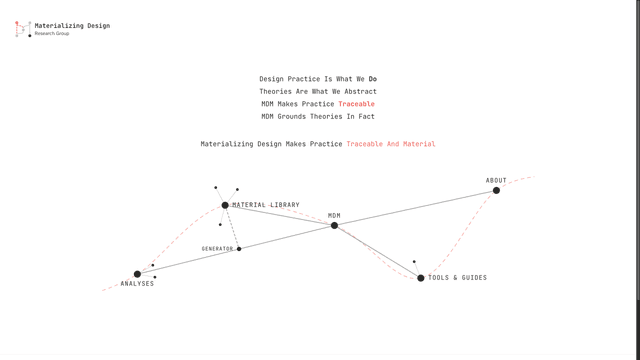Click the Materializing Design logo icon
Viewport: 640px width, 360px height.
click(23, 29)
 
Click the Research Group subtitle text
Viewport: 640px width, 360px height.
click(52, 33)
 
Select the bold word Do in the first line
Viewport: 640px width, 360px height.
click(373, 79)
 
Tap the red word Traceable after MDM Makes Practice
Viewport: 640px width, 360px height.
click(356, 104)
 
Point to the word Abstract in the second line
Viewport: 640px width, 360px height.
click(360, 91)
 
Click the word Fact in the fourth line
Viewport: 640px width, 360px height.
click(367, 116)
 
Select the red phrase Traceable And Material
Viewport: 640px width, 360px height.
click(391, 144)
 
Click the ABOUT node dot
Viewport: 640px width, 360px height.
click(496, 190)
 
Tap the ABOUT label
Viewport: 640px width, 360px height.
click(496, 180)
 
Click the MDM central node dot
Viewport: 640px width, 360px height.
click(334, 225)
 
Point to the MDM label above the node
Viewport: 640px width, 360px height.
click(334, 216)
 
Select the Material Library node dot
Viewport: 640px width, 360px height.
click(225, 205)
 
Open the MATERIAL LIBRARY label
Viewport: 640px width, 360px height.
click(266, 205)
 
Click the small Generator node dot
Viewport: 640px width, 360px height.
click(239, 249)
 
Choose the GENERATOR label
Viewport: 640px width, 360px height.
click(218, 249)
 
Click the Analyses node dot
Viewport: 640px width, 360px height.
click(138, 274)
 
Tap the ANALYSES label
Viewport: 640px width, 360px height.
click(137, 284)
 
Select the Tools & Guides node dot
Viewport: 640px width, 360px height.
click(421, 278)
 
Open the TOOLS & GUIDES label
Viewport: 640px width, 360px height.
click(458, 278)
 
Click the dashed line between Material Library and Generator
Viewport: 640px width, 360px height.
click(232, 227)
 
